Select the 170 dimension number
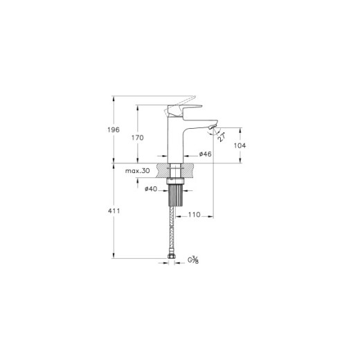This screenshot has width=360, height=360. coord(138,138)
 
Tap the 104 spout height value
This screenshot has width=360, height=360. coord(240,145)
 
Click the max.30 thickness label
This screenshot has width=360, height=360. coord(138,171)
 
